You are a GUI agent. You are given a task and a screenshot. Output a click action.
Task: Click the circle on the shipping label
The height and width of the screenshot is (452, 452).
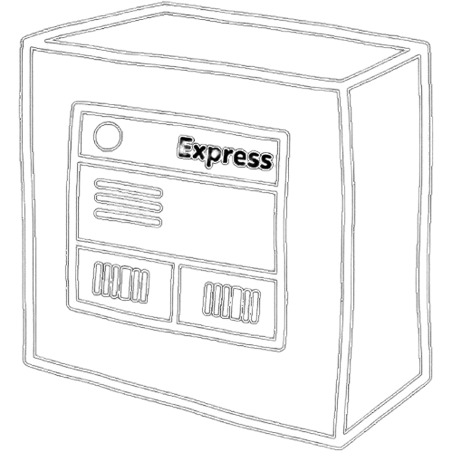108,137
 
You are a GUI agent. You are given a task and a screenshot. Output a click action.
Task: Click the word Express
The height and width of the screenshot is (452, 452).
226,153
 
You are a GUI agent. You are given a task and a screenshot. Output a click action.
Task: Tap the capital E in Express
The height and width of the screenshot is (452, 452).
186,147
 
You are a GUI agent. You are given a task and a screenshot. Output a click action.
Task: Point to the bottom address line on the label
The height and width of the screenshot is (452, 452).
129,218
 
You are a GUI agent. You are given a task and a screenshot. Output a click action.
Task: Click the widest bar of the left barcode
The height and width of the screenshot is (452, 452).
125,284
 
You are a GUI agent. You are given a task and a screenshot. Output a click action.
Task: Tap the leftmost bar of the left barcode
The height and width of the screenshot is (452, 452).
98,278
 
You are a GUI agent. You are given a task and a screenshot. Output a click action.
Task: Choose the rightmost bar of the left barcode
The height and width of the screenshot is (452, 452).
145,287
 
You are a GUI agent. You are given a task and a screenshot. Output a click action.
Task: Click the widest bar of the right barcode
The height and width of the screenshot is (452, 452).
236,303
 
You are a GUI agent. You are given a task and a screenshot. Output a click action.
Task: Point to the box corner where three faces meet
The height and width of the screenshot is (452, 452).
341,88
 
